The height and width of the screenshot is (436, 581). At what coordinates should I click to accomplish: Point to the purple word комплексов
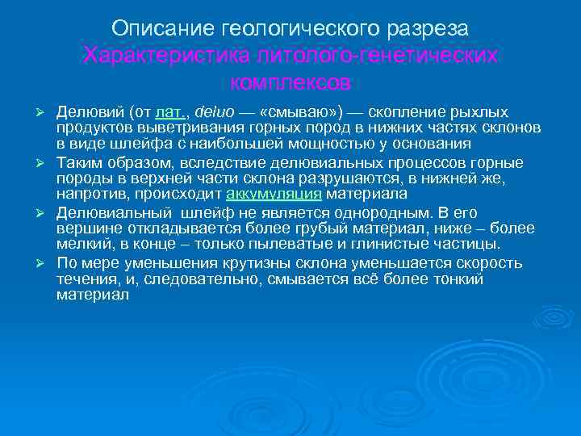290,82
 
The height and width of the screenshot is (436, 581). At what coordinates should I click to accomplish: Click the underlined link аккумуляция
274,195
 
